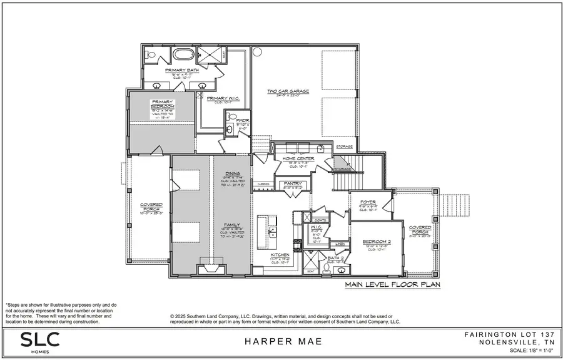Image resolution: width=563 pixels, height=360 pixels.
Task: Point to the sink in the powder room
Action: [x=230, y=130]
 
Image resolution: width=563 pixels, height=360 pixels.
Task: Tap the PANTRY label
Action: [x=293, y=183]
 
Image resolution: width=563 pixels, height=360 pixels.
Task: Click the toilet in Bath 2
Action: [x=326, y=269]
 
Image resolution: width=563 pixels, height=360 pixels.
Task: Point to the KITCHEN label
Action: [x=280, y=255]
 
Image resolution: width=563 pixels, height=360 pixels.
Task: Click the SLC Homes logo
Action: [x=40, y=342]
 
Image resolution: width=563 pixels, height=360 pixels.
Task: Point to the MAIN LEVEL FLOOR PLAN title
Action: [x=392, y=285]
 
